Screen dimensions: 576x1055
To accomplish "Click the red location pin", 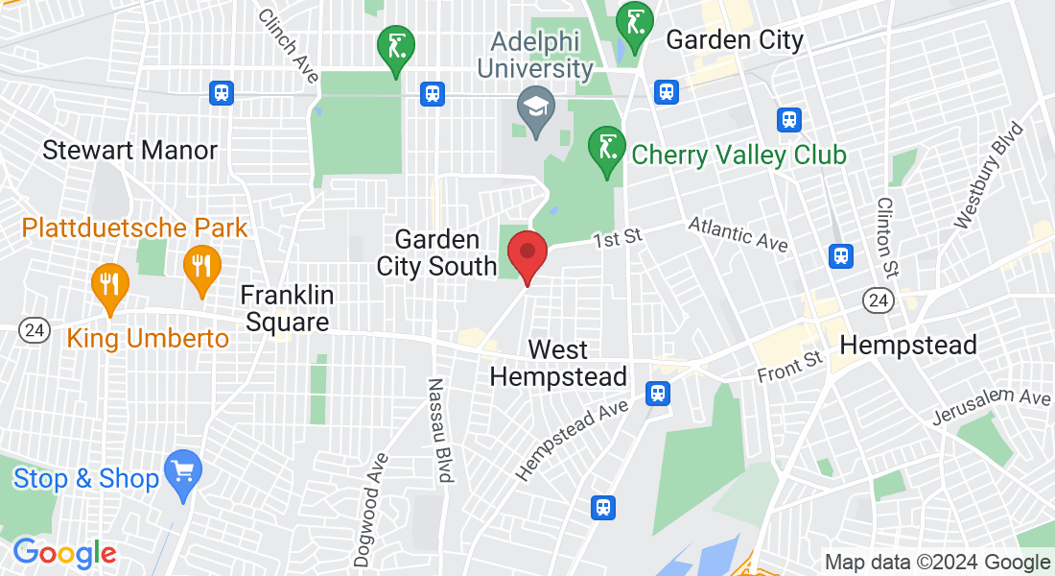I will coord(527,255).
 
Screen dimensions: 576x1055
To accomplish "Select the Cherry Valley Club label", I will coord(738,155).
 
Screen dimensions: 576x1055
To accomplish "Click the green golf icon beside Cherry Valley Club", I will coord(605,151).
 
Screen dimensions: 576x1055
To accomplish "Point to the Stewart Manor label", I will coord(129,151).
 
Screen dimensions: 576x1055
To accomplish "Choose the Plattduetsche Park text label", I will coord(135,228).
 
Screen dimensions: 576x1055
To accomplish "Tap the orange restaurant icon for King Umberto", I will coord(109,286).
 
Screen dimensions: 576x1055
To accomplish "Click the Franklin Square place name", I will coord(286,308).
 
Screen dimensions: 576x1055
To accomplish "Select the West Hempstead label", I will coord(558,363).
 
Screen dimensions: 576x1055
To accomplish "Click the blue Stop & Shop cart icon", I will coord(182,473).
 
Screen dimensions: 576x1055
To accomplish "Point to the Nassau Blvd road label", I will coord(439,429).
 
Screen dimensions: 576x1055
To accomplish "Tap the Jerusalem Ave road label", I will coord(991,407).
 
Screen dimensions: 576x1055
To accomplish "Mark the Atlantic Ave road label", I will coord(738,233).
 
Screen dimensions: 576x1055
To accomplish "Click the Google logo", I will coord(64,553).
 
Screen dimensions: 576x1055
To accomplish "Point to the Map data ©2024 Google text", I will coord(938,563).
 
